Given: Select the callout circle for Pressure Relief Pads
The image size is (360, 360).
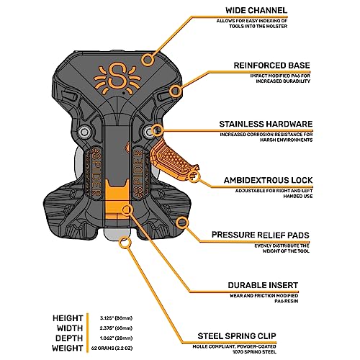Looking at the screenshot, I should (x=183, y=222).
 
